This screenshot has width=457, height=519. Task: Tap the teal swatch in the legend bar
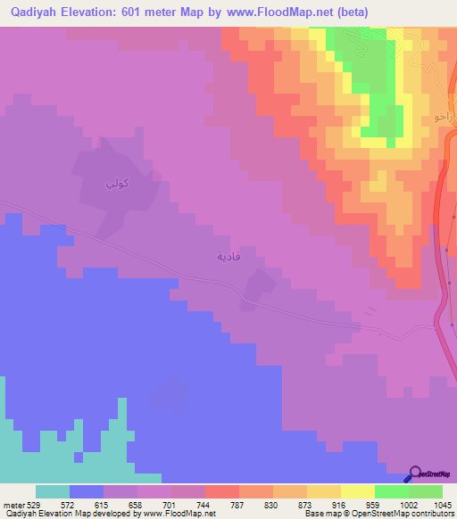53,491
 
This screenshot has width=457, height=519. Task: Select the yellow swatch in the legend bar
357,491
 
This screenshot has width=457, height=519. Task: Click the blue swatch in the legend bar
87,491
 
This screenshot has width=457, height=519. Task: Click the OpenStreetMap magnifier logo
415,474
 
